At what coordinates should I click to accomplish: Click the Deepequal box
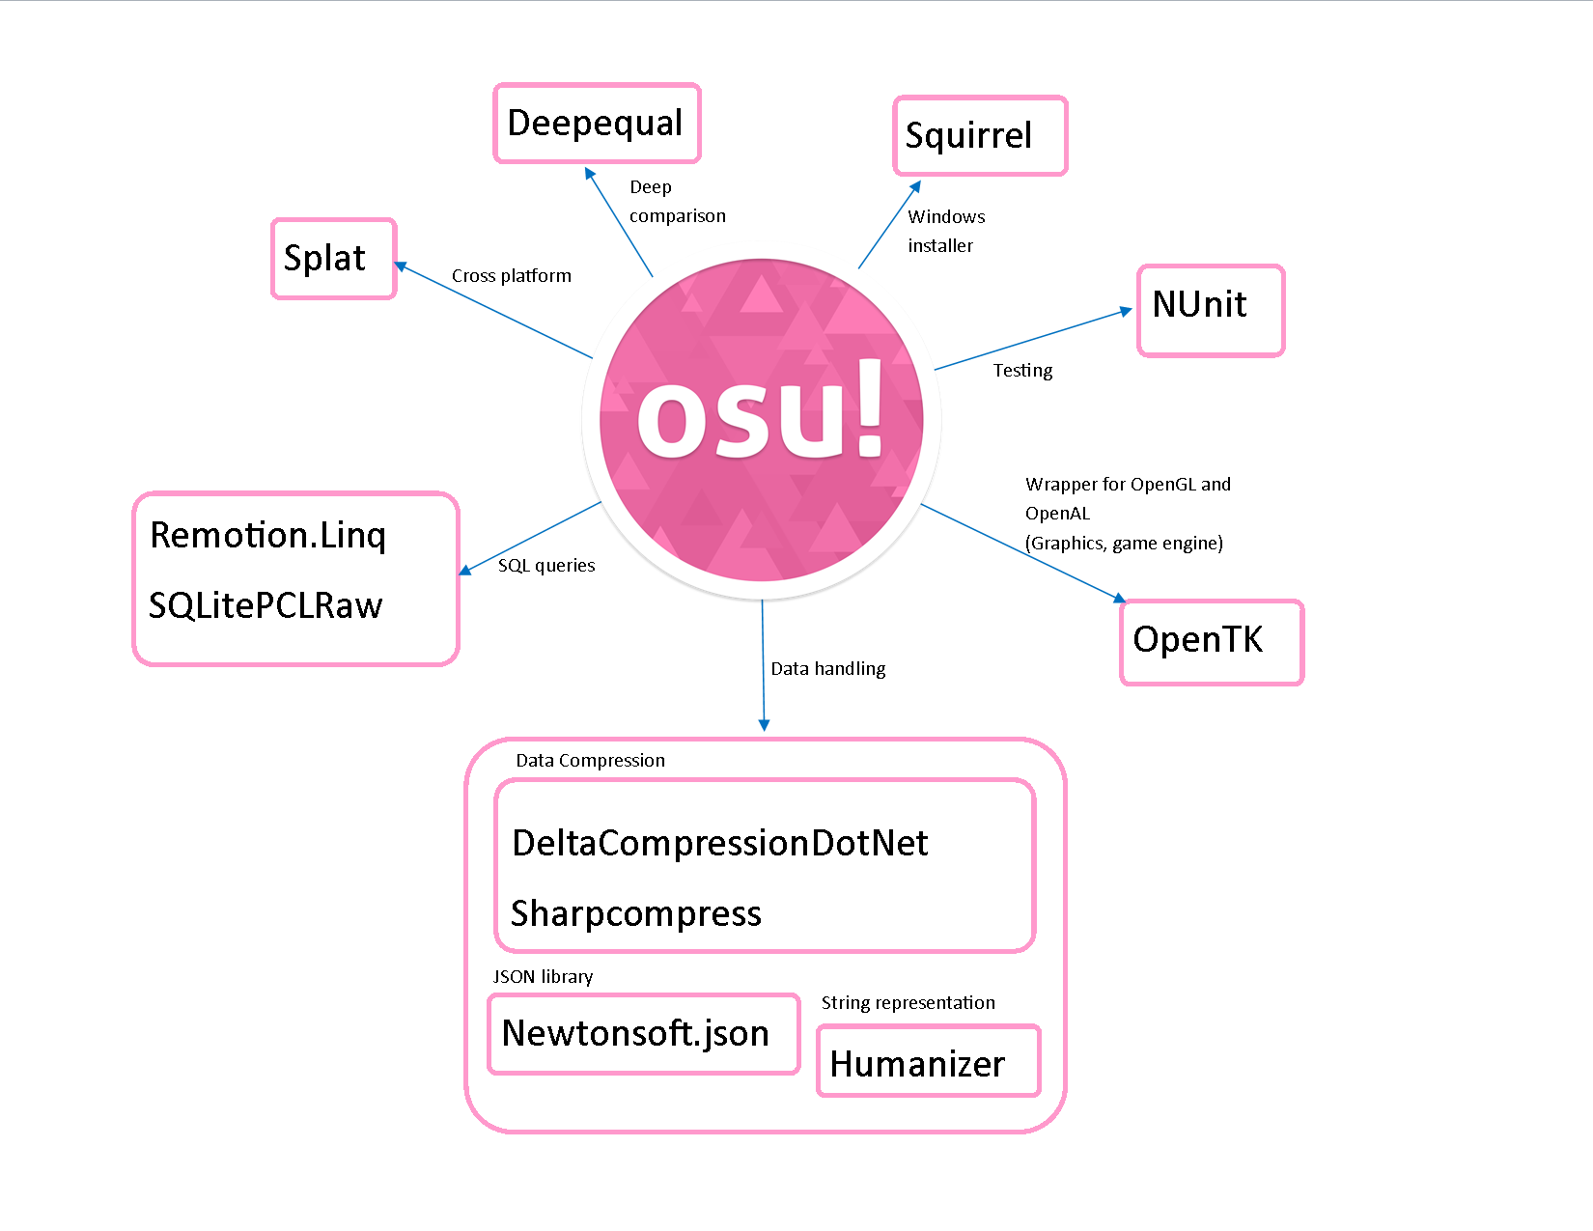(x=597, y=124)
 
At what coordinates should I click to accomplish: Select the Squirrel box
(x=980, y=136)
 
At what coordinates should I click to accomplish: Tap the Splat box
(x=334, y=259)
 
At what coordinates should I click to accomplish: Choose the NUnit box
(x=1211, y=310)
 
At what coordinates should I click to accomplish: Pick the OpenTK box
(x=1212, y=642)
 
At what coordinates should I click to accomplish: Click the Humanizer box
(x=928, y=1061)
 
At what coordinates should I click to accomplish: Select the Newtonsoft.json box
(x=644, y=1034)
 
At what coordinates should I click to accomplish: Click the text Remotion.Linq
(x=268, y=535)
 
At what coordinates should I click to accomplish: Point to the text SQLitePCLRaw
(x=265, y=605)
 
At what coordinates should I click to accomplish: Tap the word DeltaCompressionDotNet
(x=720, y=843)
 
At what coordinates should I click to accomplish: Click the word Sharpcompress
(x=636, y=913)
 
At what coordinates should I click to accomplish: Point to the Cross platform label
(x=512, y=276)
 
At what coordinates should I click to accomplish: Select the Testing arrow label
(x=1022, y=371)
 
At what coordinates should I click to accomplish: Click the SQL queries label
(x=546, y=566)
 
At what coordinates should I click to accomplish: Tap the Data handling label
(x=828, y=669)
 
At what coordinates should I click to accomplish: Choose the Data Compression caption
(x=590, y=761)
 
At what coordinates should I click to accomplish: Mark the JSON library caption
(x=543, y=977)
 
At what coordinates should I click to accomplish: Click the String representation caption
(x=908, y=1003)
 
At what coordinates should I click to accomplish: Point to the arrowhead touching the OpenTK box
(x=1120, y=599)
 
